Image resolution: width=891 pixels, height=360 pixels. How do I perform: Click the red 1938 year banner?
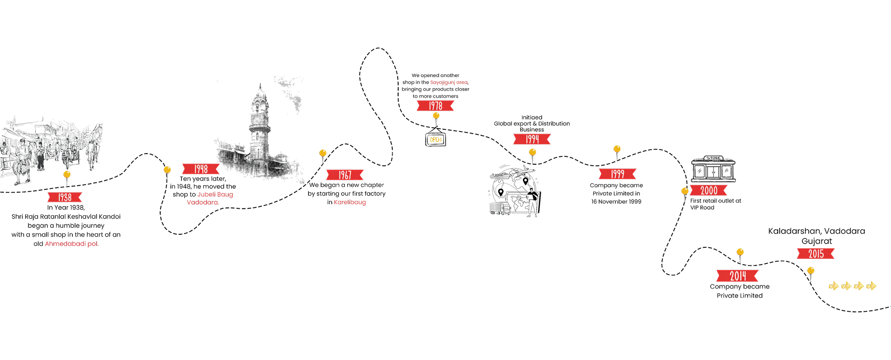[x=65, y=197]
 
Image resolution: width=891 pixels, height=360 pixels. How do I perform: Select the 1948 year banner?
[x=201, y=169]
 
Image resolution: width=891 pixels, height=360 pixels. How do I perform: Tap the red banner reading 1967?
[x=344, y=175]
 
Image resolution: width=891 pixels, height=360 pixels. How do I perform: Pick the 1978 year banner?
[x=435, y=106]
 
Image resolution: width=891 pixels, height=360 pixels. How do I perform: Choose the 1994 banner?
[x=532, y=139]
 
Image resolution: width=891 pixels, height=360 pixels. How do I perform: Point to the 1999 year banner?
[x=617, y=174]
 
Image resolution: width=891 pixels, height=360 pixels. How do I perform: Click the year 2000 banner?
[x=709, y=191]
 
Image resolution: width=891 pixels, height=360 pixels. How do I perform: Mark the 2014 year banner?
[x=738, y=276]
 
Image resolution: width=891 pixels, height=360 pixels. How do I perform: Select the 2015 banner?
[x=816, y=253]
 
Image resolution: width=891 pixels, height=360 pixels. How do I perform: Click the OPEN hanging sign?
[x=436, y=139]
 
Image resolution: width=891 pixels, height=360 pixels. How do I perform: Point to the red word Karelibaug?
[x=350, y=202]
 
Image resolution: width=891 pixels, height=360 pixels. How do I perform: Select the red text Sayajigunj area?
[x=449, y=82]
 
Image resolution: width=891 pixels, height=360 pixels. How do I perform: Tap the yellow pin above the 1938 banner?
[x=67, y=174]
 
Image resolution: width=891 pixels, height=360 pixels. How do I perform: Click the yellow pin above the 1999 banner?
[x=617, y=149]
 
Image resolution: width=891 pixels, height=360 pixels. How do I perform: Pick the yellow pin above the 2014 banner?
[x=740, y=252]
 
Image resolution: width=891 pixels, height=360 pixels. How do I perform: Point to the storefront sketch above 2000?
[x=713, y=169]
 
